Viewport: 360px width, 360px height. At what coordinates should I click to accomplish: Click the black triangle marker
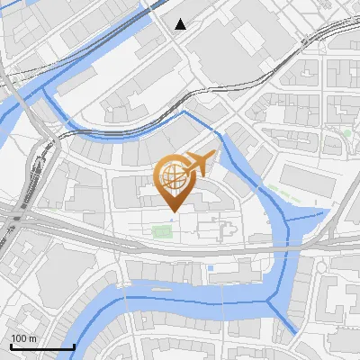click(x=181, y=23)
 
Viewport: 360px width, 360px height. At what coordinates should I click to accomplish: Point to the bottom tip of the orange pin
click(x=172, y=212)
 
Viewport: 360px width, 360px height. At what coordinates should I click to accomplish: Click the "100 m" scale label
click(x=23, y=337)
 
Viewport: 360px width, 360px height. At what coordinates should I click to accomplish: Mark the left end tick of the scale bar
click(x=10, y=346)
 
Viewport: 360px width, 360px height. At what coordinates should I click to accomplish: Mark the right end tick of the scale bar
click(x=73, y=346)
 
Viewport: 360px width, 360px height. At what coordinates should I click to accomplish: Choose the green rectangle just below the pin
click(x=162, y=232)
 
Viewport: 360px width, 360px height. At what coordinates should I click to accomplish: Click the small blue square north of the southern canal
click(x=210, y=268)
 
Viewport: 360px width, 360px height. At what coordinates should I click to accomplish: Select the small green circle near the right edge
click(x=347, y=133)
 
